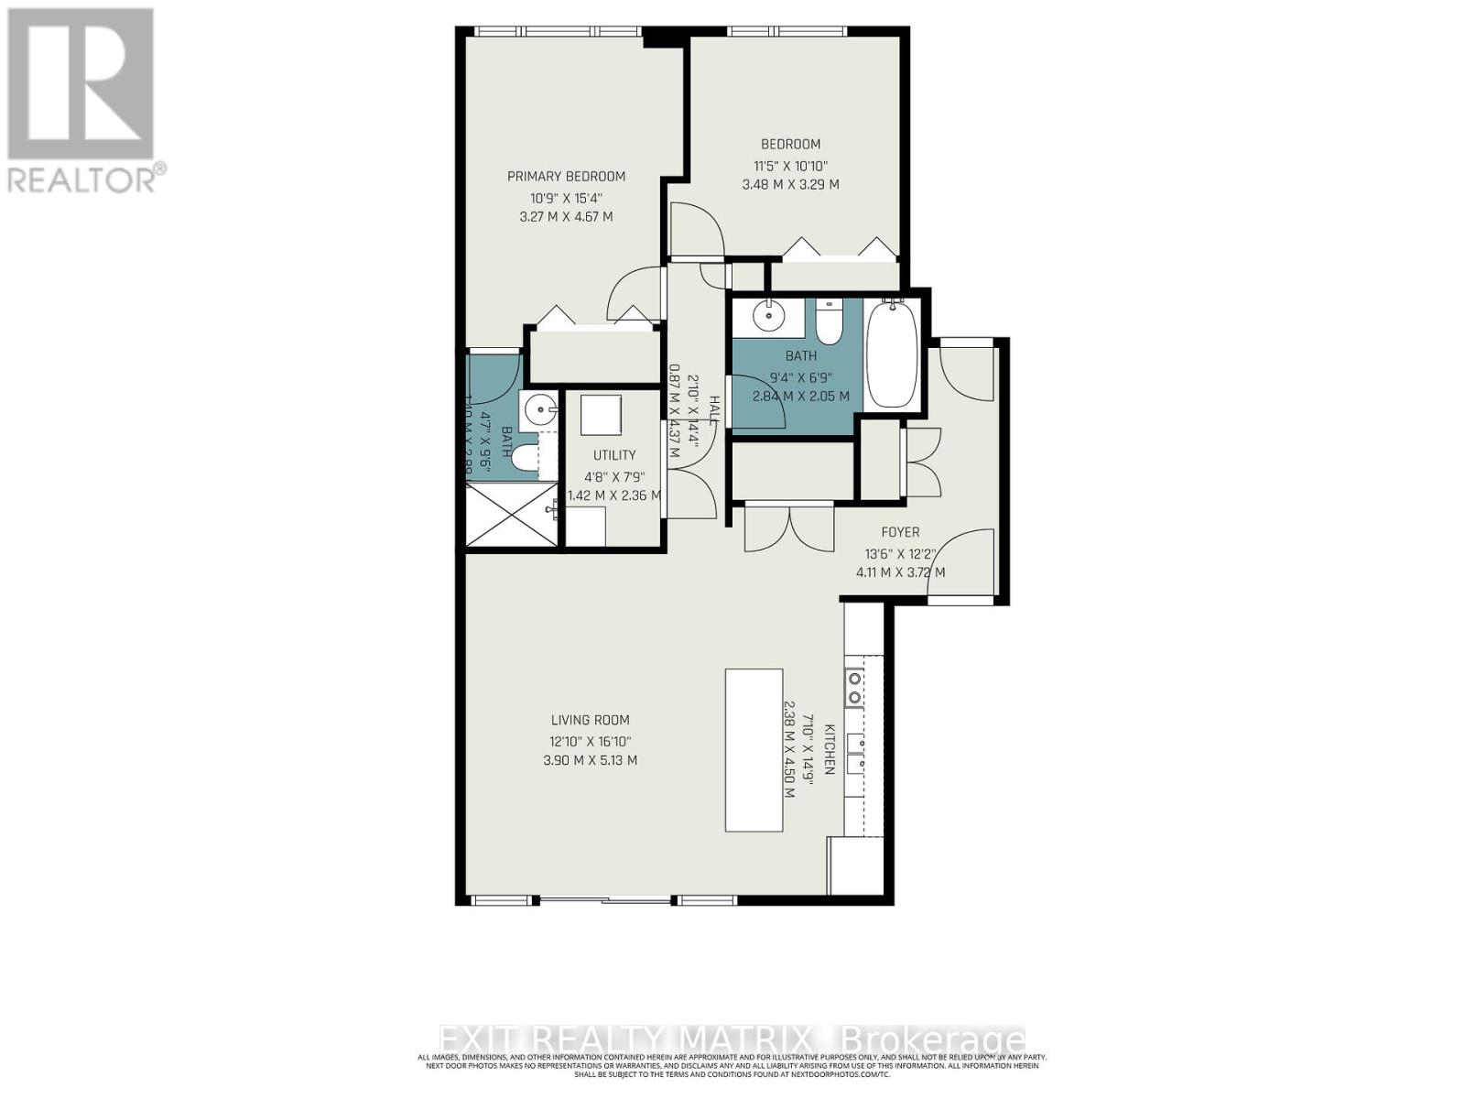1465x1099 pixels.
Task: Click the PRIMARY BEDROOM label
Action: click(566, 177)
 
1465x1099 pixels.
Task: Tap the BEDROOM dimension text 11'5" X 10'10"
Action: click(790, 166)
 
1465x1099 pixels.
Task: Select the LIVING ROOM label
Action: click(590, 721)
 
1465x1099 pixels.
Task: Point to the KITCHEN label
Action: click(830, 749)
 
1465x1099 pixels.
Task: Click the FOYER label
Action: click(900, 532)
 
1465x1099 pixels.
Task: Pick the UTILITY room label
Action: click(613, 455)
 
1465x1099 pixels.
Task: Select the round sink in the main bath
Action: click(768, 316)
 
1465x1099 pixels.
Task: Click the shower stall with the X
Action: click(511, 516)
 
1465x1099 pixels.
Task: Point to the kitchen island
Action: click(754, 749)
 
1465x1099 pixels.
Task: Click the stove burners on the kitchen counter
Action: click(854, 688)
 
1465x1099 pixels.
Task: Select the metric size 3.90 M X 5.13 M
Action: click(590, 760)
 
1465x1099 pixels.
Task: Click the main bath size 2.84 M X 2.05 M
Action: click(800, 397)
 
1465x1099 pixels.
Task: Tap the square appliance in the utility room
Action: click(601, 415)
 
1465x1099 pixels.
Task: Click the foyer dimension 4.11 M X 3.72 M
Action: click(900, 572)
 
